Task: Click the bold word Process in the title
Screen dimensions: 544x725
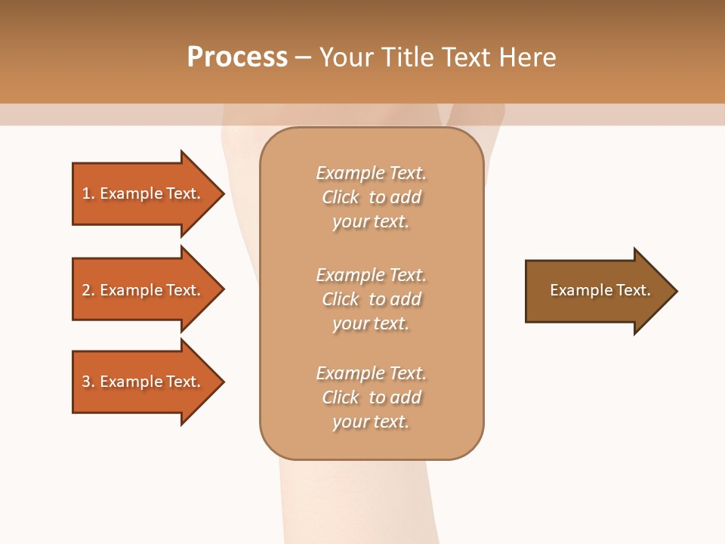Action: click(237, 57)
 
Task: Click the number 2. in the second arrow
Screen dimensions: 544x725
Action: click(88, 290)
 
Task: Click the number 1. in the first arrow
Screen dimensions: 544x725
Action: click(88, 193)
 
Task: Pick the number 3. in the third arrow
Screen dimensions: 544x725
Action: click(88, 382)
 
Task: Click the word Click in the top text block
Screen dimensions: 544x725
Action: click(341, 197)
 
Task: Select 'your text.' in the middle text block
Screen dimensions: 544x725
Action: click(371, 323)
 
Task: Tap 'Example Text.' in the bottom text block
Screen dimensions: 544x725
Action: click(371, 373)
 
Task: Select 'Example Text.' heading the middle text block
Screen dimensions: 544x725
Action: click(371, 275)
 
